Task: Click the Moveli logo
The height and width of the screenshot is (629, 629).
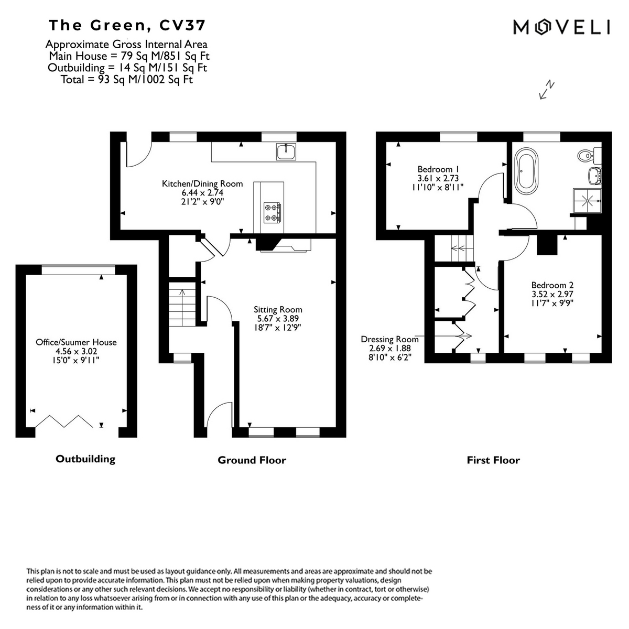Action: tap(561, 27)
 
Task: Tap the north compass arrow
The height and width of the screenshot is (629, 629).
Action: tap(547, 89)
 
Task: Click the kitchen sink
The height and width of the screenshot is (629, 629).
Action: tap(286, 152)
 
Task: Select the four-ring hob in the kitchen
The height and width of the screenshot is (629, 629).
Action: tap(272, 212)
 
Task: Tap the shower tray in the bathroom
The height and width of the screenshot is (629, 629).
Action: tap(587, 201)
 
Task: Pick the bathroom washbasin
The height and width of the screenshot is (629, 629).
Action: tap(595, 176)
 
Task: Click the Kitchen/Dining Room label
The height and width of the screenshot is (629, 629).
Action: tap(202, 184)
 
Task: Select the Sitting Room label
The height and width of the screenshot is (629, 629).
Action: tap(278, 309)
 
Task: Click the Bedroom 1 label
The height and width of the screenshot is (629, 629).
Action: tap(438, 169)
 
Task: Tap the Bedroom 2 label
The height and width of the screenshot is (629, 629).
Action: tap(552, 285)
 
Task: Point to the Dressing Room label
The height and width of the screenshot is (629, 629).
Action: tap(389, 339)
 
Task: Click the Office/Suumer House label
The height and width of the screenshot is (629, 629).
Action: tap(76, 342)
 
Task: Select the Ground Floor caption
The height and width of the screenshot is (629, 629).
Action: tap(252, 460)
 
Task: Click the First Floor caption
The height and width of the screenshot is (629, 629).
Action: tap(493, 460)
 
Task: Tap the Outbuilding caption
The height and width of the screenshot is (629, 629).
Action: tap(85, 459)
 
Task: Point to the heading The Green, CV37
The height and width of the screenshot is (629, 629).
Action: tap(127, 26)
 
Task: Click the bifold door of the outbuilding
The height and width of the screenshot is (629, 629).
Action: tap(64, 421)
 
